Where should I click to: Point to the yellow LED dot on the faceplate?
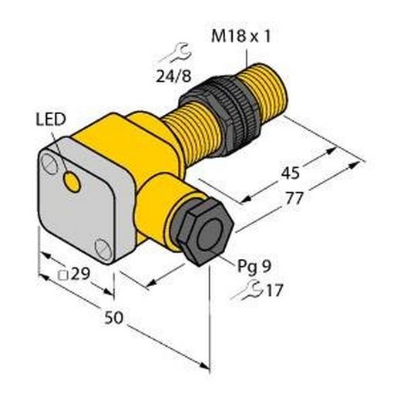(x=72, y=183)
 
